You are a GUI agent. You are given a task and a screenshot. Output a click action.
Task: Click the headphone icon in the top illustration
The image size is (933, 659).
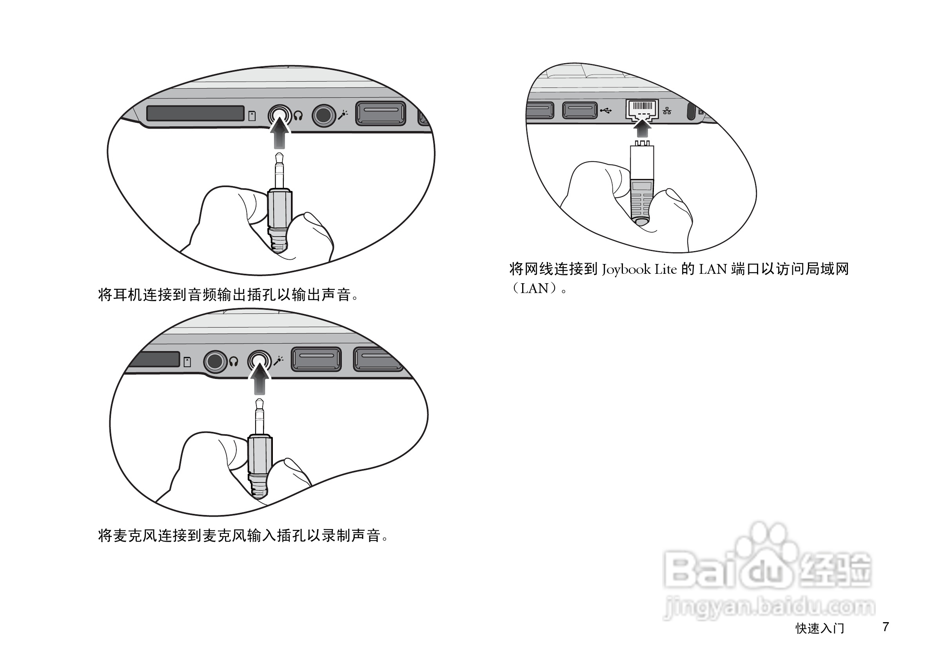[x=298, y=116]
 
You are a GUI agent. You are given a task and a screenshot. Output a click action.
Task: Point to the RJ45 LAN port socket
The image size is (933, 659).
[x=642, y=109]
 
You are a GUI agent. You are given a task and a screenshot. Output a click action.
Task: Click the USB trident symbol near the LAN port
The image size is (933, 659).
[x=606, y=111]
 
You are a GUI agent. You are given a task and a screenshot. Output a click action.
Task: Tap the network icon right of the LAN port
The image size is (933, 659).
[x=667, y=111]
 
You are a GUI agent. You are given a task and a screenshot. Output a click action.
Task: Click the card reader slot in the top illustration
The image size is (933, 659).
[x=195, y=113]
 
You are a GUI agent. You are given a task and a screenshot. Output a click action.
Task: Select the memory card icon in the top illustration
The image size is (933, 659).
[x=252, y=116]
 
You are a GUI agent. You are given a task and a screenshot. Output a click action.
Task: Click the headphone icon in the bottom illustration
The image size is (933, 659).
[x=233, y=361]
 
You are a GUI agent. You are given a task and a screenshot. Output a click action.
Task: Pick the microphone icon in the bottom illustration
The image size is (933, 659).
[x=278, y=360]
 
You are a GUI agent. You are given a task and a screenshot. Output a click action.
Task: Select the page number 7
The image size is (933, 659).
[x=886, y=626]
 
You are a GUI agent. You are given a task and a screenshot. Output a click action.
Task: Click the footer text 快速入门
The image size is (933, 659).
[x=820, y=628]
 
